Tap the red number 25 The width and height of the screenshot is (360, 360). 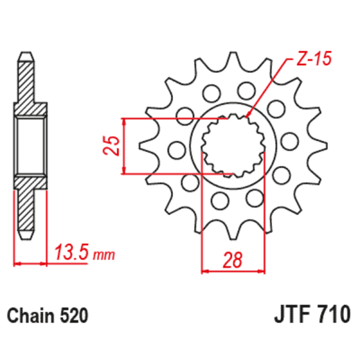pos(109,146)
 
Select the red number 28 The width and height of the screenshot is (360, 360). pos(233,260)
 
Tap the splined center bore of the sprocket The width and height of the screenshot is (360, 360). pos(233,146)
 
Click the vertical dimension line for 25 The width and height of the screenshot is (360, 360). pos(124,146)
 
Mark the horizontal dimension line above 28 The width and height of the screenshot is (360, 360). pos(233,271)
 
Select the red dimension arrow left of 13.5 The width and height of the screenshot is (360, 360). pos(29,263)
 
